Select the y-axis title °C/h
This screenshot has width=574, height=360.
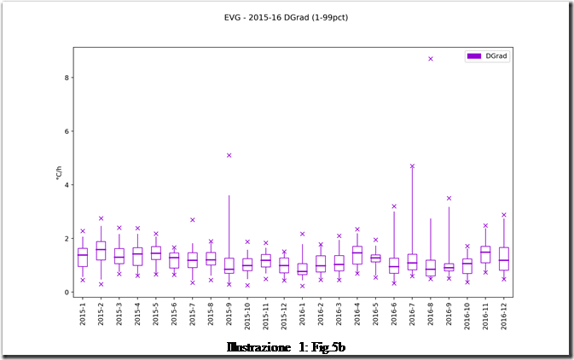[59, 171]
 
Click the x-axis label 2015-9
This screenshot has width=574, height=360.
[229, 316]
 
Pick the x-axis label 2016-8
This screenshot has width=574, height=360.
[431, 316]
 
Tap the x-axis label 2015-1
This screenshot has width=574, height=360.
[83, 316]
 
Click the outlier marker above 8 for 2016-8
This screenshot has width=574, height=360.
[431, 59]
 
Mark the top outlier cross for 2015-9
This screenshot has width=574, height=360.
[229, 155]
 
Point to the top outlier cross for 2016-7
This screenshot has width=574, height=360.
[412, 166]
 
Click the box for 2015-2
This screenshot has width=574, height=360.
[101, 250]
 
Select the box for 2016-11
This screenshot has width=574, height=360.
[485, 254]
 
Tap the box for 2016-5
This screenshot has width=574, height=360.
[375, 258]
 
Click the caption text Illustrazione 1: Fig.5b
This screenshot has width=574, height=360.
[286, 347]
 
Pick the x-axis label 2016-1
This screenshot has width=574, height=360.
[303, 316]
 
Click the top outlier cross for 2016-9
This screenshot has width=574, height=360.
[449, 198]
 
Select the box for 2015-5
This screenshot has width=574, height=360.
[156, 253]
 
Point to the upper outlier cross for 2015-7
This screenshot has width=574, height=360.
[193, 220]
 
